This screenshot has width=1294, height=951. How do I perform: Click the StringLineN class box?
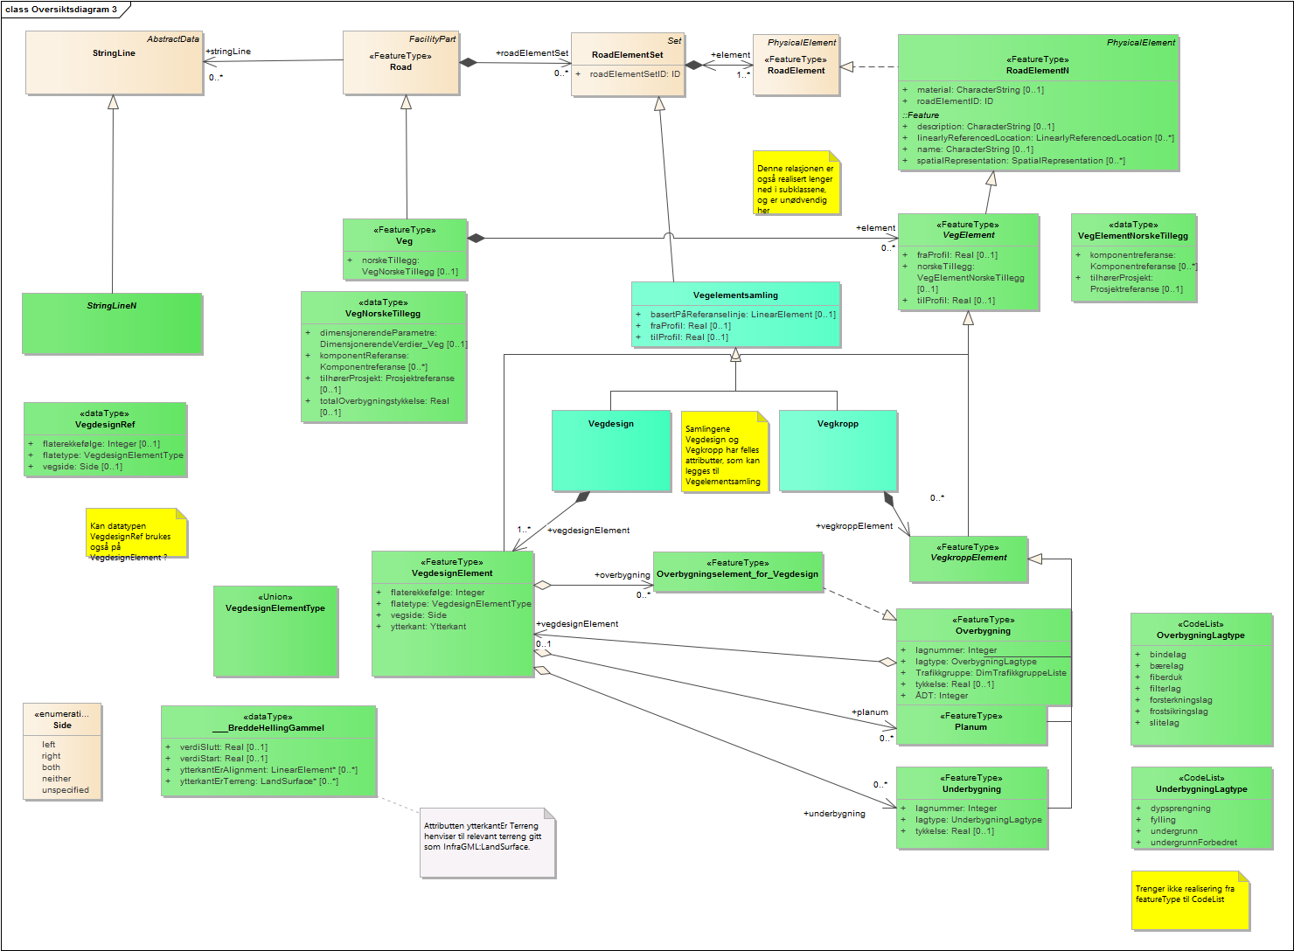tap(112, 323)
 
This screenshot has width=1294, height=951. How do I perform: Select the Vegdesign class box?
tap(611, 451)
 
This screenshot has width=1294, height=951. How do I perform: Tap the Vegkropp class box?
tap(838, 451)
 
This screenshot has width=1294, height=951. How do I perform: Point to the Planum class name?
tap(970, 727)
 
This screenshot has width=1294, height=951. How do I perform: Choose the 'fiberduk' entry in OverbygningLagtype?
tap(1165, 677)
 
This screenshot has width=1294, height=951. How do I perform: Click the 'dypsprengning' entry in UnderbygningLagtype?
tap(1180, 809)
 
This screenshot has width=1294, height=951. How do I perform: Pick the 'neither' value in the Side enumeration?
tap(57, 779)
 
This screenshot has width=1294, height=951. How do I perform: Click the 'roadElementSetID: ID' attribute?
tap(635, 74)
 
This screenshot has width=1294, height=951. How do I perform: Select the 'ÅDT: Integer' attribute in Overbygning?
tap(942, 696)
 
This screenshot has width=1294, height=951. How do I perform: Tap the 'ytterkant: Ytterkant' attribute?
tap(428, 627)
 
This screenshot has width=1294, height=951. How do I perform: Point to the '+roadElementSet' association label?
tap(532, 53)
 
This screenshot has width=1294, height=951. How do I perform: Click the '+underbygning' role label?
tap(834, 814)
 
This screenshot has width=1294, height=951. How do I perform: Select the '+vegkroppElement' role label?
tap(854, 526)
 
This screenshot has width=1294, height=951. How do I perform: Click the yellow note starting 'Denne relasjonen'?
tap(797, 183)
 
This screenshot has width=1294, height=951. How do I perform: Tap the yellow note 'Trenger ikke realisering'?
tap(1190, 900)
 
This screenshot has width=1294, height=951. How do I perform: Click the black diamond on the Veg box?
tap(477, 238)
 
